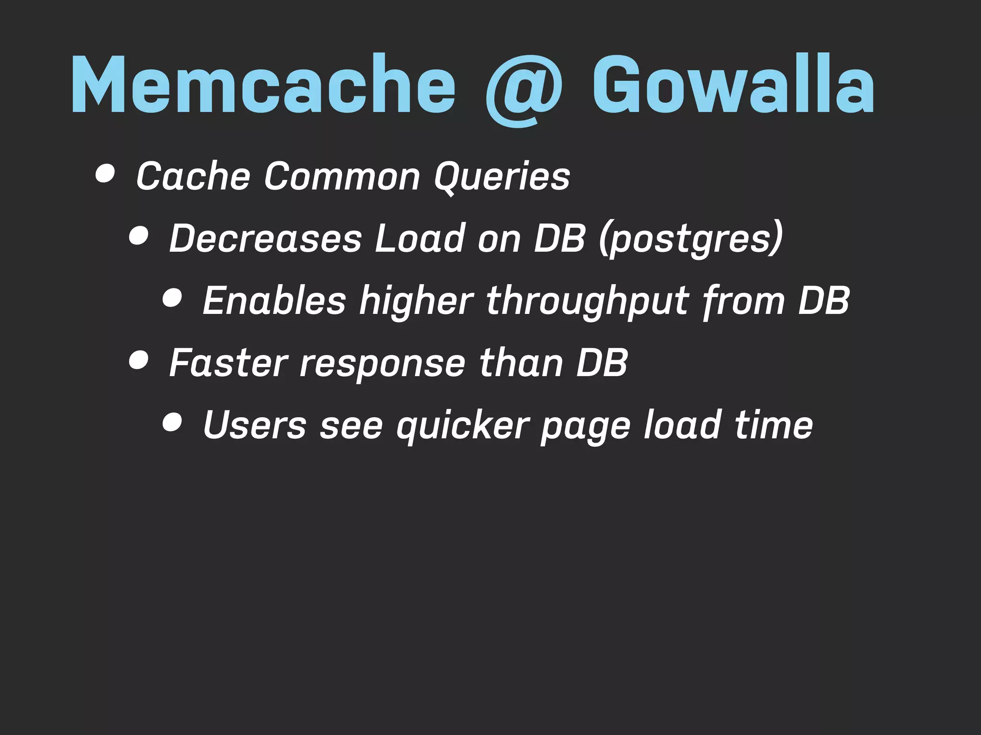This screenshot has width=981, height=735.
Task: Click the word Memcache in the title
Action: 263,85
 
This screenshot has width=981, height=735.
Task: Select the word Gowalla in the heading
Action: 733,85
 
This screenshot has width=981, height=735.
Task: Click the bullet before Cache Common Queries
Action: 105,175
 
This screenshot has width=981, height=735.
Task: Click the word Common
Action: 342,176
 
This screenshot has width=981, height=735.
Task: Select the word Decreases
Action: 265,238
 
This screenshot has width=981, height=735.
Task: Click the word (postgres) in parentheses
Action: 690,239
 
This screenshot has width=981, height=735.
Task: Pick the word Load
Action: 420,238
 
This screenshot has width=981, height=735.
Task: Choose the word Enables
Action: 274,300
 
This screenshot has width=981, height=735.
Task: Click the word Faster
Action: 228,362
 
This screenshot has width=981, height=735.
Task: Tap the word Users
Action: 254,424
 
